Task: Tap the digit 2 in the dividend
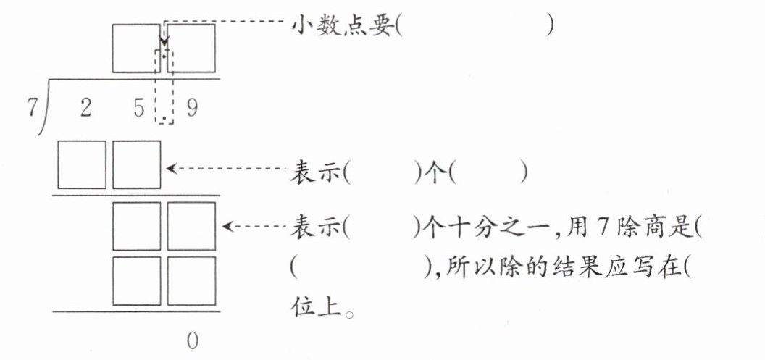[x=85, y=108]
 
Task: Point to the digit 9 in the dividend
[x=191, y=108]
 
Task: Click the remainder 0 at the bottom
[x=191, y=340]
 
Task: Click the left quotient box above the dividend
[x=136, y=48]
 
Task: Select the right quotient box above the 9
[x=192, y=48]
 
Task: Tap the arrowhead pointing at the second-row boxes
[x=227, y=227]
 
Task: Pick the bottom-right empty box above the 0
[x=192, y=280]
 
